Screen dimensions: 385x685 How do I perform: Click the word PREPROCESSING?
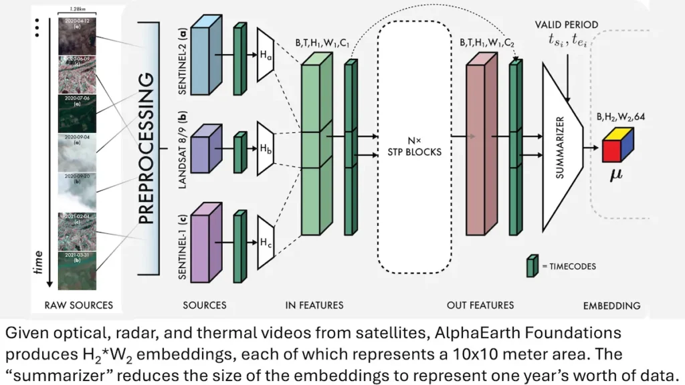coord(147,148)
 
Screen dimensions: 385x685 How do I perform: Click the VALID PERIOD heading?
coord(566,25)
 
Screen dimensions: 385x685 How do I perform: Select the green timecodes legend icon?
coord(532,265)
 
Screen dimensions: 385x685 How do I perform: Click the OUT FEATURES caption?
coord(480,305)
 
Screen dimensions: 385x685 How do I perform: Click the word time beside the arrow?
coord(39,263)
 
